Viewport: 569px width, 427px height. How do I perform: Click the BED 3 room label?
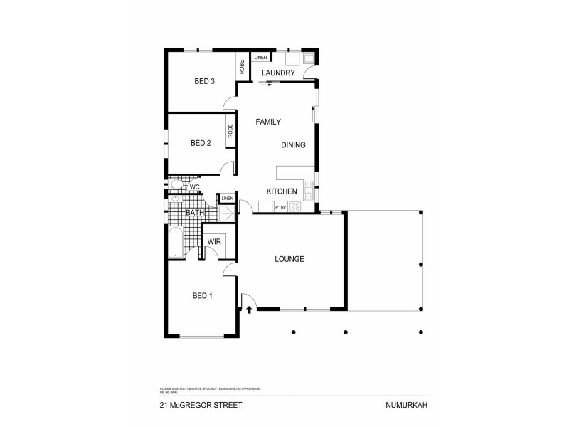204,81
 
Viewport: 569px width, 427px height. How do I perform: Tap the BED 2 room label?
201,143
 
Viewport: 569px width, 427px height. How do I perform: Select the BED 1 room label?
202,295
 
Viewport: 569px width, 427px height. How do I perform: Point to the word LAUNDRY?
278,73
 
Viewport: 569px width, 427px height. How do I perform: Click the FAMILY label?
268,122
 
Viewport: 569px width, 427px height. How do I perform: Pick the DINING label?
293,145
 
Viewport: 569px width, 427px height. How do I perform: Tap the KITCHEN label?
281,191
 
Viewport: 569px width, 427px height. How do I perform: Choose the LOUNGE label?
289,259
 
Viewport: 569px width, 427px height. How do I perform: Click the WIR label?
214,242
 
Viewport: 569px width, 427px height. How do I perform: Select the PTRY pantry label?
280,207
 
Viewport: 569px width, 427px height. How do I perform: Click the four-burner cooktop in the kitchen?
295,207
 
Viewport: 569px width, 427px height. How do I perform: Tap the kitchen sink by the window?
309,189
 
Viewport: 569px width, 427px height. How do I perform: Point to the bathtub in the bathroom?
174,243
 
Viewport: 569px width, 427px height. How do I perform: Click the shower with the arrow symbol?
227,213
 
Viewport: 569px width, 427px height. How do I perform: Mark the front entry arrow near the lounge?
249,310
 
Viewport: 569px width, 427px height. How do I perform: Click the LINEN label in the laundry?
260,57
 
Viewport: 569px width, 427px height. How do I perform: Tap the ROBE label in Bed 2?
230,131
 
